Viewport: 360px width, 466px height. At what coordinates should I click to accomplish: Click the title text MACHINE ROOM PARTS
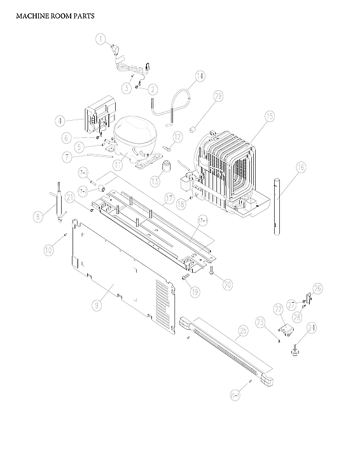55,16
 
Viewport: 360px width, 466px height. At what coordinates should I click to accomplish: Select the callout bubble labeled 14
200,77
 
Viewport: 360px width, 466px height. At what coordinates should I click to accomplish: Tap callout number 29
218,97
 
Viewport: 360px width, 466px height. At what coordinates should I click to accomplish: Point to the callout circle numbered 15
269,116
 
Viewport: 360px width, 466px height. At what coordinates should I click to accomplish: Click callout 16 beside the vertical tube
300,168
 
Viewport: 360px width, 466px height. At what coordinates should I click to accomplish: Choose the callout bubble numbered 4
60,120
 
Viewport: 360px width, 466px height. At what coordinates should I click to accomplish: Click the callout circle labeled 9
97,305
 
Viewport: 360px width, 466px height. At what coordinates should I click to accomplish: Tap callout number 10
48,250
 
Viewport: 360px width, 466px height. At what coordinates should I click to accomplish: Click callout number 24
311,328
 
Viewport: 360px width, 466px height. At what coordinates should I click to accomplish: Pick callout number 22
278,308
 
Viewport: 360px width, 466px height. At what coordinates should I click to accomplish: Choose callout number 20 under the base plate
227,284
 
